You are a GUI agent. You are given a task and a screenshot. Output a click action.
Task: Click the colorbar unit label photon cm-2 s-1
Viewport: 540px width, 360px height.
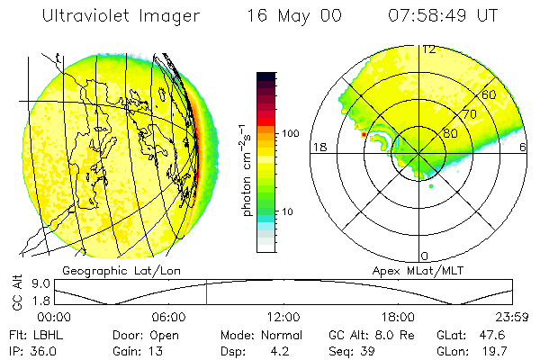point(244,172)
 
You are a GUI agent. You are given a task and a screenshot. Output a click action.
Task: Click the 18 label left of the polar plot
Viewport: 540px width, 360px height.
point(318,147)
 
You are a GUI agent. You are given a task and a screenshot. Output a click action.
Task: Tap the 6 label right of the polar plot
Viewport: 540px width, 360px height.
point(524,147)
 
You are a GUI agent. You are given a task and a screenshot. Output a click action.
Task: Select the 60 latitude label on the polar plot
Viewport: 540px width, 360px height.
point(490,94)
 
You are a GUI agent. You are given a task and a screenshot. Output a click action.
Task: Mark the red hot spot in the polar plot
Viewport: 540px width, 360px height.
point(364,134)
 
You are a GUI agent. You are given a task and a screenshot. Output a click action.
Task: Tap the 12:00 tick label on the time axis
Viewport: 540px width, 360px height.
point(283,316)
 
